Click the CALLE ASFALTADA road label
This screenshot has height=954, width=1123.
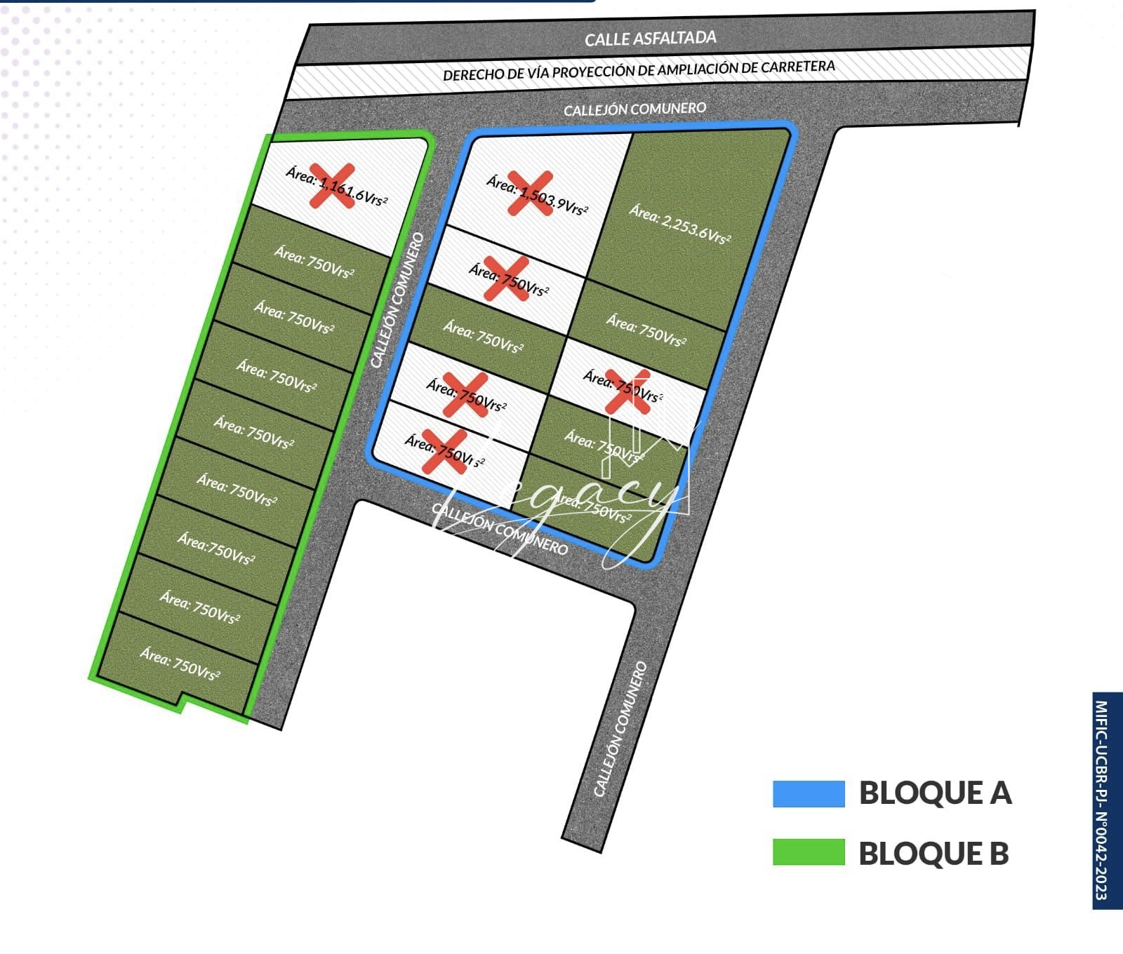650,38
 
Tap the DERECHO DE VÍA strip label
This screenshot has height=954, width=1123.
639,70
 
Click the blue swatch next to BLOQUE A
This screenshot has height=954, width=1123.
809,793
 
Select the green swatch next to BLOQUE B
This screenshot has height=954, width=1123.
809,852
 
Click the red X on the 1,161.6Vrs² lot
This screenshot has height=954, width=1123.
333,186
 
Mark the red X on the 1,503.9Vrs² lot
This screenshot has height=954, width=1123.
530,193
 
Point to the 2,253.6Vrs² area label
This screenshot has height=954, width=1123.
679,223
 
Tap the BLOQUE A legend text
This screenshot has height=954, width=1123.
935,793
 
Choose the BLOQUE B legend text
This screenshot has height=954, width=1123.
933,853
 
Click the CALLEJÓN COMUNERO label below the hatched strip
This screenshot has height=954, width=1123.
634,109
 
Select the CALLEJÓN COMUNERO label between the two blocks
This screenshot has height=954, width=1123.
397,300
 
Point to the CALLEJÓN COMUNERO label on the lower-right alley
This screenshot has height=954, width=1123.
620,729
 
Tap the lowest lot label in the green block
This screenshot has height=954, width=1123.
180,664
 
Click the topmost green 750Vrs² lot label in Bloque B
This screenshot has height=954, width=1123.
314,261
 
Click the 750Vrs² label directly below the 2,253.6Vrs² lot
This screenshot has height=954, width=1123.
646,330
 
